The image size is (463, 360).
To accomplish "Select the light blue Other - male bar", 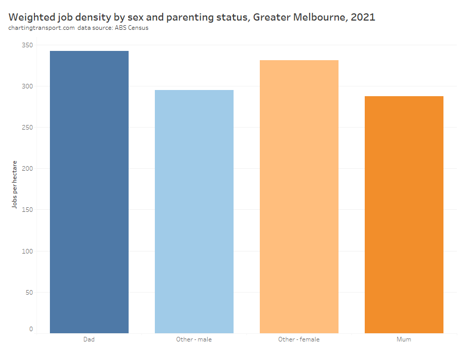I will (x=194, y=211).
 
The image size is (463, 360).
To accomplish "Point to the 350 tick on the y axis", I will (x=27, y=45).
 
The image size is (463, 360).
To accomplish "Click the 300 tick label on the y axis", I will (x=27, y=86).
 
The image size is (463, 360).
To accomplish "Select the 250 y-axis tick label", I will (x=27, y=128).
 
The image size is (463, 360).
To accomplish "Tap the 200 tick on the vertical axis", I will (x=27, y=169).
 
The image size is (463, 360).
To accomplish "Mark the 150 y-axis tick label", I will (x=27, y=210).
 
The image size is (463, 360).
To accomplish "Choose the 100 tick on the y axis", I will (x=27, y=251).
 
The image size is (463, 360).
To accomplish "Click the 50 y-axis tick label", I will (x=29, y=293).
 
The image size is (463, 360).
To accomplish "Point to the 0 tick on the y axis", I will (x=31, y=329).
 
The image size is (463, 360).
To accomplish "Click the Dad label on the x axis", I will (x=89, y=339).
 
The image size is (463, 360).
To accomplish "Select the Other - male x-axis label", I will (x=194, y=339).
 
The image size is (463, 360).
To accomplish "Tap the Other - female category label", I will (x=299, y=339).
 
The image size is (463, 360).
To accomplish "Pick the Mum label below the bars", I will (x=404, y=339).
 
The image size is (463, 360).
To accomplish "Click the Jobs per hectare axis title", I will (x=15, y=184).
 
